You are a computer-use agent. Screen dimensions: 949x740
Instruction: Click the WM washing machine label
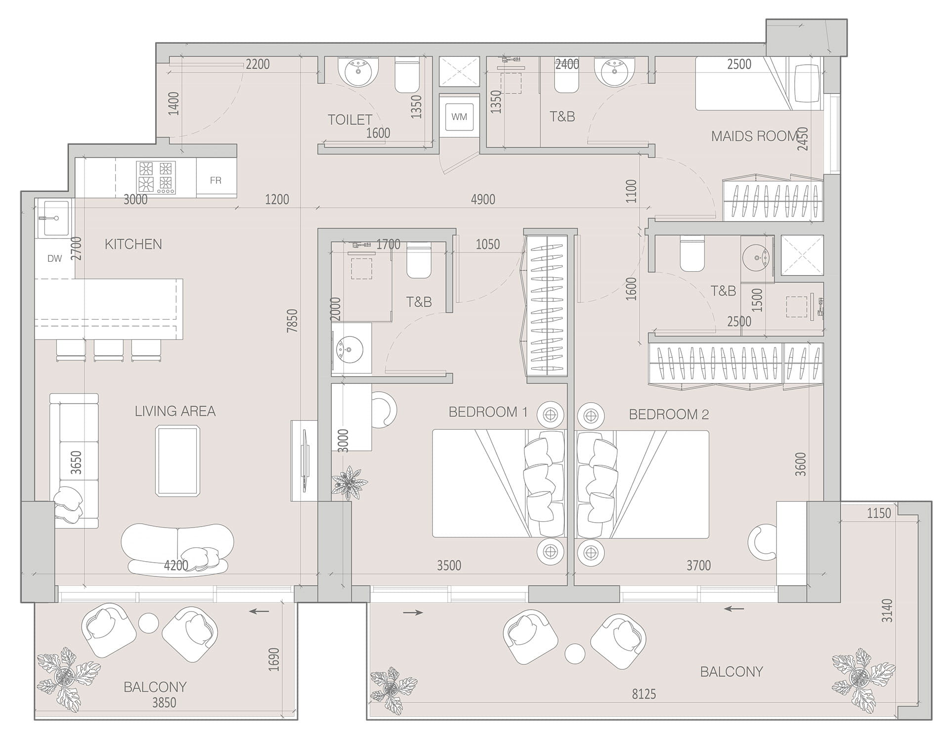(459, 117)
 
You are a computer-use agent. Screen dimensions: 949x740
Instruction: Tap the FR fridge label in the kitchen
(216, 180)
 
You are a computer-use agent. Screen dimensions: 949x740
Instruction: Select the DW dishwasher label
(54, 258)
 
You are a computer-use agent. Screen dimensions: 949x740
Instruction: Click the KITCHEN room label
(133, 244)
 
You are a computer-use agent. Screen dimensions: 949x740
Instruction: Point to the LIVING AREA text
(175, 411)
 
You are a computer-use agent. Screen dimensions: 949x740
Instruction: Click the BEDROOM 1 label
(488, 412)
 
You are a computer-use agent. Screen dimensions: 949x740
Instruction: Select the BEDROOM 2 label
(669, 414)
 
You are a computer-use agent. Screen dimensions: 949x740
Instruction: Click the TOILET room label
(350, 120)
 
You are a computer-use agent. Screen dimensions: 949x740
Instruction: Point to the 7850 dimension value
(293, 320)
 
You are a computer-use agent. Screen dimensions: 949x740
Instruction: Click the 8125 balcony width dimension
(644, 694)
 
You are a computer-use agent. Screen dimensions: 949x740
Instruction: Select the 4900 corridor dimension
(483, 200)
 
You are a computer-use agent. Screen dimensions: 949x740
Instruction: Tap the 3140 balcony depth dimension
(888, 611)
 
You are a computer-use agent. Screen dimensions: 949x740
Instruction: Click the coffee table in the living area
(177, 461)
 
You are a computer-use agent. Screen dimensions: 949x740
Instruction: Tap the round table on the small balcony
(148, 622)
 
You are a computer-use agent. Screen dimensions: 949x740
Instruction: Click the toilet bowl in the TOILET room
(407, 75)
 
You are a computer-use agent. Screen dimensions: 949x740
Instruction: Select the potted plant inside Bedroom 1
(349, 481)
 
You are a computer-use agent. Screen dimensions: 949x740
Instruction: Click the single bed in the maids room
(759, 83)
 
